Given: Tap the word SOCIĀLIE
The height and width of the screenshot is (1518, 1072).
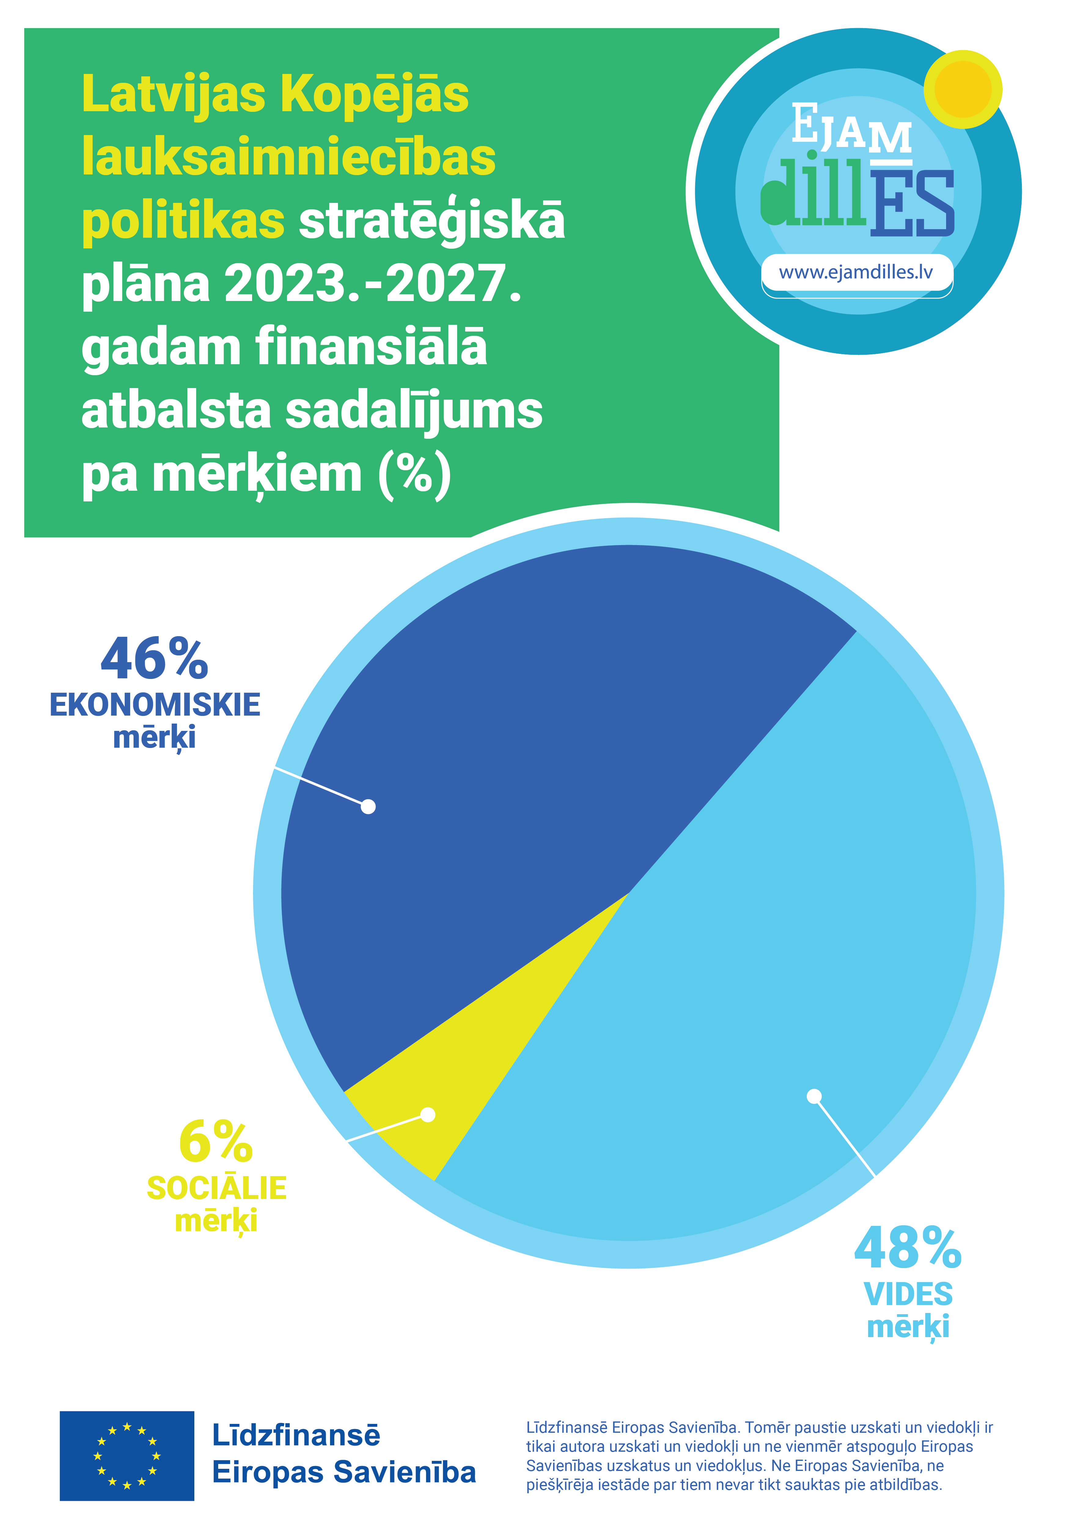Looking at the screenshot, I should coord(216,1188).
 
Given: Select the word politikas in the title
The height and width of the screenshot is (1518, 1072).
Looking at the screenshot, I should coord(183,221).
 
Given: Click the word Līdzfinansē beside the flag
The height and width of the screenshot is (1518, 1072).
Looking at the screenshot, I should coord(296,1436).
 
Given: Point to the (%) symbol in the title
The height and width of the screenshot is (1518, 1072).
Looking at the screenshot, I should coord(415,473).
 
